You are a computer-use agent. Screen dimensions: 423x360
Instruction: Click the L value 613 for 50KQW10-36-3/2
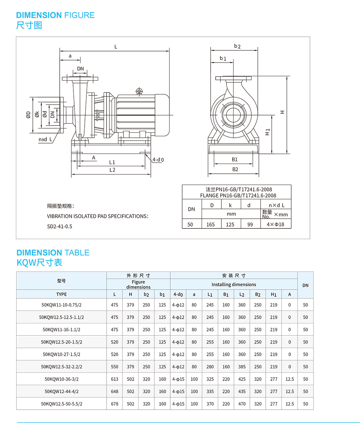(x=114, y=379)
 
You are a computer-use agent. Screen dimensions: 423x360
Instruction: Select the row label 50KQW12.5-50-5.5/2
(x=62, y=404)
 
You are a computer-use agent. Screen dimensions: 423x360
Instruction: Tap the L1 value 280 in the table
(x=210, y=367)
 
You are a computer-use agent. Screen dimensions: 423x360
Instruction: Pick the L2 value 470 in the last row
(x=242, y=404)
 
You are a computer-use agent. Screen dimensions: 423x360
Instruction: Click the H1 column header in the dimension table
(x=274, y=294)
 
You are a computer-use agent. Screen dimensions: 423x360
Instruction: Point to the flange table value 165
(x=211, y=224)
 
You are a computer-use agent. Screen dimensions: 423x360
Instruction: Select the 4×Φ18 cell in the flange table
(x=276, y=224)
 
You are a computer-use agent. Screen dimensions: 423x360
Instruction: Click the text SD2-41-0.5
(x=60, y=227)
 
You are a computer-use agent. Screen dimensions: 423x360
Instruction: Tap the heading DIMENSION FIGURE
(x=55, y=15)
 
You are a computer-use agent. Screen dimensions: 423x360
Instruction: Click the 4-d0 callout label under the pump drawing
(x=158, y=160)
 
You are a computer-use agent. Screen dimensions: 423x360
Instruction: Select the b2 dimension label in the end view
(x=237, y=46)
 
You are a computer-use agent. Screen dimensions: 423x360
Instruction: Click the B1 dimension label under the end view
(x=235, y=159)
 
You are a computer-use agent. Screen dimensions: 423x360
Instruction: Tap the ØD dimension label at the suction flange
(x=28, y=115)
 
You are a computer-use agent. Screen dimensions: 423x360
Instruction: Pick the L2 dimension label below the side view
(x=112, y=170)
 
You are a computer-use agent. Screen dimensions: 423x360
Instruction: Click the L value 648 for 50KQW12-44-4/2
(x=114, y=391)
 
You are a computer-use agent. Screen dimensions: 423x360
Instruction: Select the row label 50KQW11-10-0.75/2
(x=62, y=305)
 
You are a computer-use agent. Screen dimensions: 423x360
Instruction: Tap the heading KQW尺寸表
(x=40, y=263)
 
